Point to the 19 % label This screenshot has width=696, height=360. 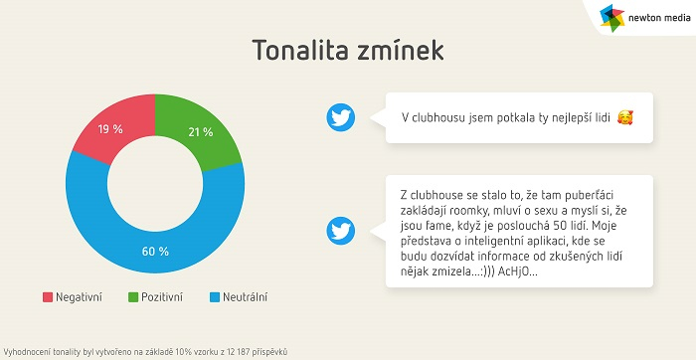tap(110, 129)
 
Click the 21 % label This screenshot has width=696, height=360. tap(200, 131)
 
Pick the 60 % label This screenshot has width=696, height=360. tap(155, 251)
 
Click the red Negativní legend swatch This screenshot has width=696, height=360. tap(47, 296)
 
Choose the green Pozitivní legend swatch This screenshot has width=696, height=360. tap(133, 296)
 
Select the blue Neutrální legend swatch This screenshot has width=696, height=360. tap(215, 296)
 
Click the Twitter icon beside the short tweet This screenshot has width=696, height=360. tap(341, 117)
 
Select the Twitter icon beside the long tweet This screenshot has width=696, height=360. tap(341, 231)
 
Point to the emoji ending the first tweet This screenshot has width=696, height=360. tap(624, 117)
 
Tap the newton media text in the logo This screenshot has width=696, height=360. tap(656, 17)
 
